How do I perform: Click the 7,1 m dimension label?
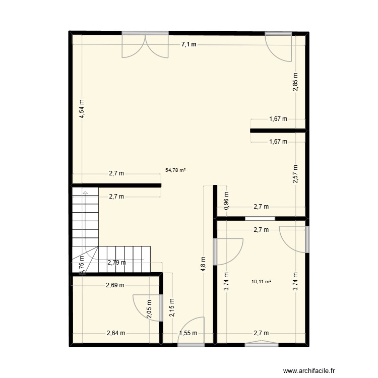tap(188, 45)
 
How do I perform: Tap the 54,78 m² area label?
tap(175, 170)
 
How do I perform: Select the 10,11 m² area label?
tap(261, 281)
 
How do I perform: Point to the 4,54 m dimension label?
tap(82, 109)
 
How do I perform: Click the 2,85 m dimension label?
tap(295, 82)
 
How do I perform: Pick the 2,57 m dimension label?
tap(295, 174)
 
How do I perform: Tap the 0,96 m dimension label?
tap(226, 201)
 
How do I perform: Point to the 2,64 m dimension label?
tap(115, 333)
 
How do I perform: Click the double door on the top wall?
tap(145, 44)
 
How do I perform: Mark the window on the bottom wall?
tap(261, 344)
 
